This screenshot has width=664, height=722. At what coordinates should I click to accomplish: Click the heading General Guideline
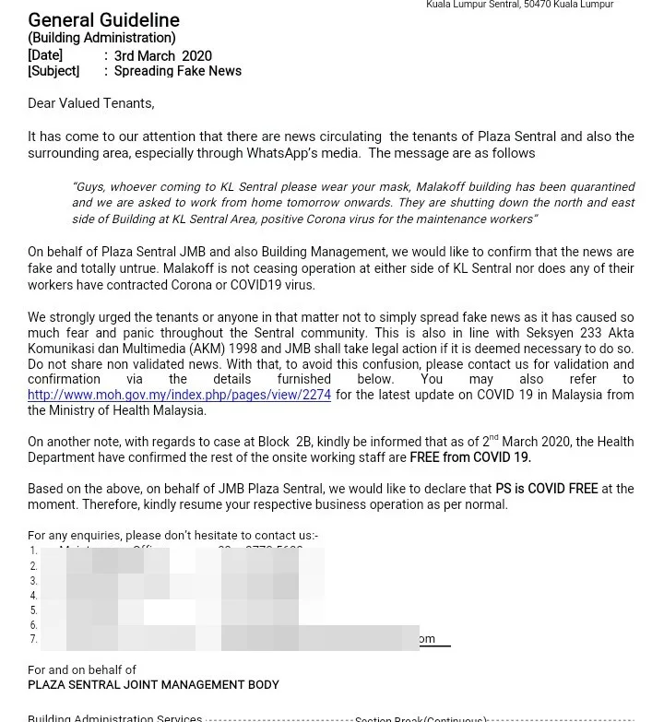[103, 20]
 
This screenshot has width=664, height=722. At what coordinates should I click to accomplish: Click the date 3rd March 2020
[162, 56]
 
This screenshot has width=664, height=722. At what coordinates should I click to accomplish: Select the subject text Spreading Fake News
[177, 71]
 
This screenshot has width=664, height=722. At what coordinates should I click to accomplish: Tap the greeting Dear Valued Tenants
[90, 103]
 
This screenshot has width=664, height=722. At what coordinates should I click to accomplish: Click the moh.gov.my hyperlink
[179, 395]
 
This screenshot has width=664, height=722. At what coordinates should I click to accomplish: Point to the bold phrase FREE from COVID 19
[470, 457]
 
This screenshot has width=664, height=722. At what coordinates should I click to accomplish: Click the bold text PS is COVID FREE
[546, 489]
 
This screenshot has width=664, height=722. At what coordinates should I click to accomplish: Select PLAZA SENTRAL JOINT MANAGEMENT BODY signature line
[153, 685]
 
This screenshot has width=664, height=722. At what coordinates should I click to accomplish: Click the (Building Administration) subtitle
[101, 38]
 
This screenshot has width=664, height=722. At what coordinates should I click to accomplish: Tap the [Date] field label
[45, 56]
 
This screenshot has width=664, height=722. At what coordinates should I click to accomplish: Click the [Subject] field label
[53, 71]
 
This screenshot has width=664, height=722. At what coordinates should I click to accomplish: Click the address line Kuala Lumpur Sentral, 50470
[519, 5]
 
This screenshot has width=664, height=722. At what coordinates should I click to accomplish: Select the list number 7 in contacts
[33, 639]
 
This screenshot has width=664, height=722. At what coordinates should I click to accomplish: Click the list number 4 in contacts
[33, 596]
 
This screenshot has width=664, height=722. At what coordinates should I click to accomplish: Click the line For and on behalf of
[82, 670]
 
